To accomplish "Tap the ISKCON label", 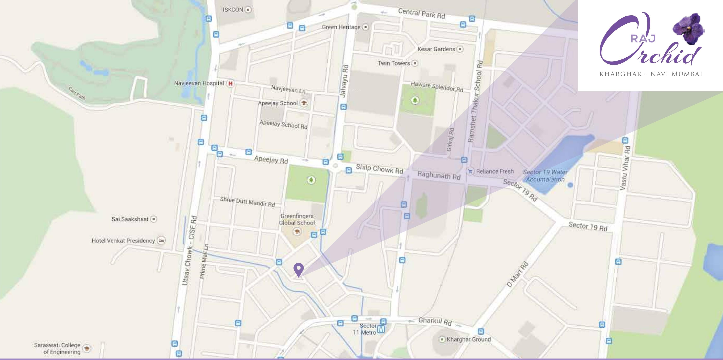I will (233, 10).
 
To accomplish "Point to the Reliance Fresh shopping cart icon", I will (470, 171).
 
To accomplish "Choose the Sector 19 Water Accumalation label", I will (545, 175).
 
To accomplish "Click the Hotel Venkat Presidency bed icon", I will (161, 241).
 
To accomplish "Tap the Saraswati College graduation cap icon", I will (87, 348).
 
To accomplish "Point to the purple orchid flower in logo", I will (688, 28).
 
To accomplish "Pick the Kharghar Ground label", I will (469, 339).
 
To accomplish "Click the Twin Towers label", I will (394, 63).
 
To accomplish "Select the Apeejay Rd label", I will (271, 160).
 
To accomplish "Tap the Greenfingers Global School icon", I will (297, 232).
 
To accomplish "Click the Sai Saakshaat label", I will (130, 219).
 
